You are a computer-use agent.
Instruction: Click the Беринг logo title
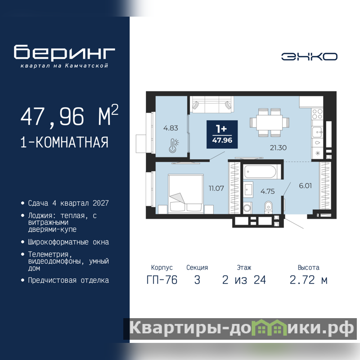click(64, 52)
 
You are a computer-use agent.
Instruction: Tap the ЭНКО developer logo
click(309, 57)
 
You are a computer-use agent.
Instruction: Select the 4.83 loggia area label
click(171, 128)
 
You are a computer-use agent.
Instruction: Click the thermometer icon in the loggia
click(174, 145)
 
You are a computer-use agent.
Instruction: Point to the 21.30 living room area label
click(278, 148)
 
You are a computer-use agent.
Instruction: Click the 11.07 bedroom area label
click(216, 188)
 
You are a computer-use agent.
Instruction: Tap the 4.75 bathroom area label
click(267, 191)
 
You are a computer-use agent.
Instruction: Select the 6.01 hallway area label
click(306, 185)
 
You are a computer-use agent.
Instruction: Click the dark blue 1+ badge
click(222, 134)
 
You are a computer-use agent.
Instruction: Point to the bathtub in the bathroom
click(260, 172)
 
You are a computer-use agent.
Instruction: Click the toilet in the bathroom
click(268, 207)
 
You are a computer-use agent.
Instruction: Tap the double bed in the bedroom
click(186, 194)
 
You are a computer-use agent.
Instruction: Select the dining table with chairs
click(269, 122)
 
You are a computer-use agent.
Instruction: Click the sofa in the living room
click(211, 104)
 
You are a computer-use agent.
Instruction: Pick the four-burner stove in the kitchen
click(317, 114)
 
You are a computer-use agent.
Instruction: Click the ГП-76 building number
click(162, 280)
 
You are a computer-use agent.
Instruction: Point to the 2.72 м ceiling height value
click(308, 280)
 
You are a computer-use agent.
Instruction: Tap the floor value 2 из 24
click(244, 280)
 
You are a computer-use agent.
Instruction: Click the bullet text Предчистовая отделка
click(68, 280)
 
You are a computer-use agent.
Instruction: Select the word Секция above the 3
click(197, 267)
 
